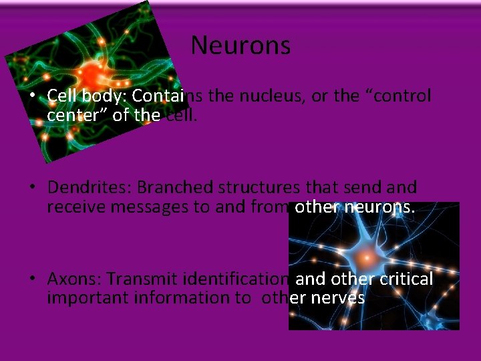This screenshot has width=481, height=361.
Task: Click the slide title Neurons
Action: tap(240, 45)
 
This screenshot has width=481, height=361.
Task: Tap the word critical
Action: tap(406, 278)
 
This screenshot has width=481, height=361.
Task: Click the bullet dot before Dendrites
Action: tap(32, 188)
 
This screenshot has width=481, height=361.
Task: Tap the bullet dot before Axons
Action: tap(32, 279)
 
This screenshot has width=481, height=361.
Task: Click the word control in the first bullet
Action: tap(402, 96)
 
